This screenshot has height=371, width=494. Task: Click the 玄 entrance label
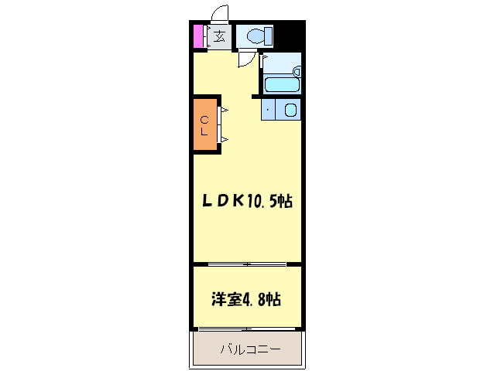coord(219,36)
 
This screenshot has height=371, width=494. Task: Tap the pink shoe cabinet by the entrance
coord(198,36)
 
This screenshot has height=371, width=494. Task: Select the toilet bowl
coord(256,36)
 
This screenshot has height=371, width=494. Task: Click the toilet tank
coord(269,36)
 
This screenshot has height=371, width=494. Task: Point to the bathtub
coord(282,84)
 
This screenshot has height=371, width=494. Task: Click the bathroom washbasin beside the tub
coord(297,71)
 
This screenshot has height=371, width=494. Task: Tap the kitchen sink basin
coord(290,110)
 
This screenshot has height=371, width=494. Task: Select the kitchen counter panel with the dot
coord(268,109)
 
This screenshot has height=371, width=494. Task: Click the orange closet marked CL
coord(204,124)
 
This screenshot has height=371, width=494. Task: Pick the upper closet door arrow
coord(225,110)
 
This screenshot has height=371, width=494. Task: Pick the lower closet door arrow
coord(225,139)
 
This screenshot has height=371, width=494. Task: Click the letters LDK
coord(223,201)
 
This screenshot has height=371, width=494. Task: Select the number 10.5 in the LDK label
coord(262,201)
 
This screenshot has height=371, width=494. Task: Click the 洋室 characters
coord(227,299)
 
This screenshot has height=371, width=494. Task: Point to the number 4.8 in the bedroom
coord(253,299)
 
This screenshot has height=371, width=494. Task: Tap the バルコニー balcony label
coord(250,349)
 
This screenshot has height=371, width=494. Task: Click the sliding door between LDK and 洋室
coord(247,264)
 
